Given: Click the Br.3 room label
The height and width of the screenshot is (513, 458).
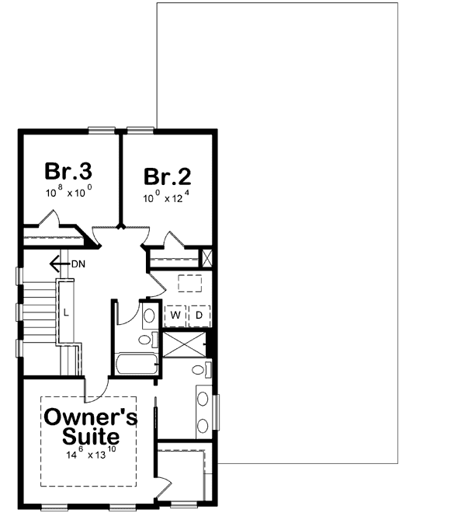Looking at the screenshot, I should click(69, 170).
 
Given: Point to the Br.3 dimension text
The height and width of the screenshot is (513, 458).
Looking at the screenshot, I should click(69, 190).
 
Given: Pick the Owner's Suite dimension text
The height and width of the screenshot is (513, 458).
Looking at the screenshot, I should click(91, 452).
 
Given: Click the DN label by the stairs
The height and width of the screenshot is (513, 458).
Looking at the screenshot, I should click(78, 264).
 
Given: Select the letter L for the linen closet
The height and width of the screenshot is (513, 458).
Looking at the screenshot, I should click(67, 312).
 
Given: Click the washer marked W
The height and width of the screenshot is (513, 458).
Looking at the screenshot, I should click(175, 315).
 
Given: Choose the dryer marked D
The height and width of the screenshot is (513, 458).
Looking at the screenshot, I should click(199, 315).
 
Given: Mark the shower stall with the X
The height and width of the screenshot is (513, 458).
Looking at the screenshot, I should click(185, 343).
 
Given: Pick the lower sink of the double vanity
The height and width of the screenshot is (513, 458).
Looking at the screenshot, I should click(204, 425).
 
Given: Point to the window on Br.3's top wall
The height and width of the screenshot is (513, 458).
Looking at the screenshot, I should click(101, 130).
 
